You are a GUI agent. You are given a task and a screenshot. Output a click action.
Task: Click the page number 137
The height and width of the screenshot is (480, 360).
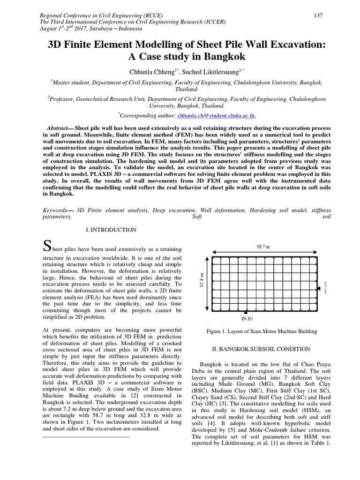[x=318, y=15]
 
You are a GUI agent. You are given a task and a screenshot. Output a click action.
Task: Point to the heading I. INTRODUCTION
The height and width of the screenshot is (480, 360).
[x=111, y=230]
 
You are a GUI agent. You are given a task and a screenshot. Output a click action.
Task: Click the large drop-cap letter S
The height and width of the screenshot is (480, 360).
[x=46, y=246]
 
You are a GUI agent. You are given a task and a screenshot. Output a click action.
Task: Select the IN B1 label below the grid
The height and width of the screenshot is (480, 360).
[x=247, y=319]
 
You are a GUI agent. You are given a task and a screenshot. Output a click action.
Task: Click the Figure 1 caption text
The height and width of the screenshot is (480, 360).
[x=262, y=332]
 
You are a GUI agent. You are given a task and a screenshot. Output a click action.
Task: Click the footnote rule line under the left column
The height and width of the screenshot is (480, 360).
[x=86, y=437]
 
